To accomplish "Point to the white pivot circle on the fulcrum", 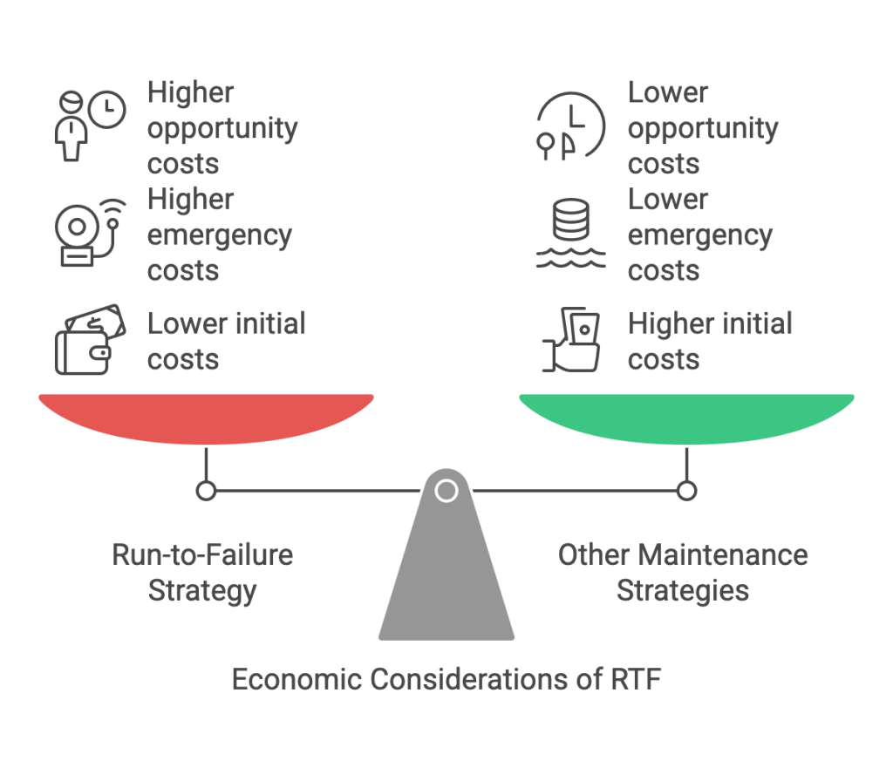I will pos(446,491).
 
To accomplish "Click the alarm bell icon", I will pos(88,234).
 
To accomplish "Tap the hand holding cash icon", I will pos(571,342).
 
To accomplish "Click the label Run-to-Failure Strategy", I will pos(202,572).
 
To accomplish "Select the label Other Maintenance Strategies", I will pos(683,572).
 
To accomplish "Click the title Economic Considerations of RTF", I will pos(446,678).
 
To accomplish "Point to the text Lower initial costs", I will pos(226,342).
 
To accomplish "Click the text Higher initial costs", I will pos(710,342).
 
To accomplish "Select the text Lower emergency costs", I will pos(700,234).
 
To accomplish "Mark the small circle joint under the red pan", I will pos(206,492).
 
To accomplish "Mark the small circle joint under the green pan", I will pos(687,492).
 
